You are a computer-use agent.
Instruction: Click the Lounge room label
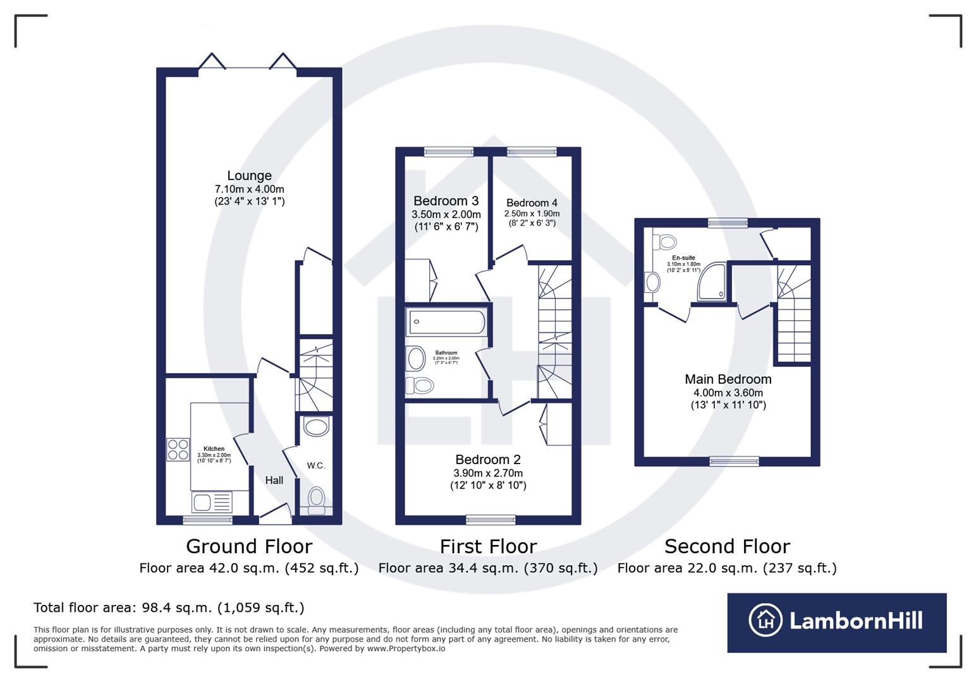pyautogui.click(x=249, y=176)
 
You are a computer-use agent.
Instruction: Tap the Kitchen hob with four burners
pyautogui.click(x=178, y=449)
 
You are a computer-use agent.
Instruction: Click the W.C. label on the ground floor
pyautogui.click(x=315, y=465)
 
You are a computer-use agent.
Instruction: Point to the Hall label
pyautogui.click(x=274, y=480)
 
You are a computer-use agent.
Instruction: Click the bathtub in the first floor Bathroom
pyautogui.click(x=446, y=323)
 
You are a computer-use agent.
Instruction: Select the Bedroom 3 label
pyautogui.click(x=446, y=201)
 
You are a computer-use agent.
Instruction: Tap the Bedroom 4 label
pyautogui.click(x=532, y=203)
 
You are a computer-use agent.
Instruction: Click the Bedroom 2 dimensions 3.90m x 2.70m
pyautogui.click(x=488, y=473)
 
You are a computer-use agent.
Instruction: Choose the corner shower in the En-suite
pyautogui.click(x=712, y=282)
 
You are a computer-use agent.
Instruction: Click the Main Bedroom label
pyautogui.click(x=728, y=379)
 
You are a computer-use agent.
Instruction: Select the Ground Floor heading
pyautogui.click(x=249, y=546)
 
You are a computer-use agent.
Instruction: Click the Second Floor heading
pyautogui.click(x=727, y=546)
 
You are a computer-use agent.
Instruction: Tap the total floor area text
pyautogui.click(x=169, y=607)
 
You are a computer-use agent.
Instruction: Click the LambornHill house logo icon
pyautogui.click(x=766, y=620)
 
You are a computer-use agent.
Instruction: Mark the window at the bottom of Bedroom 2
pyautogui.click(x=491, y=520)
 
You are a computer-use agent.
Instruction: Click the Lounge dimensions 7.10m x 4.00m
pyautogui.click(x=249, y=189)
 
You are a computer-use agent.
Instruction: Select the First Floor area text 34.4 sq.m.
pyautogui.click(x=487, y=568)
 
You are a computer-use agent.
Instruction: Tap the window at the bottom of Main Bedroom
pyautogui.click(x=734, y=462)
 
